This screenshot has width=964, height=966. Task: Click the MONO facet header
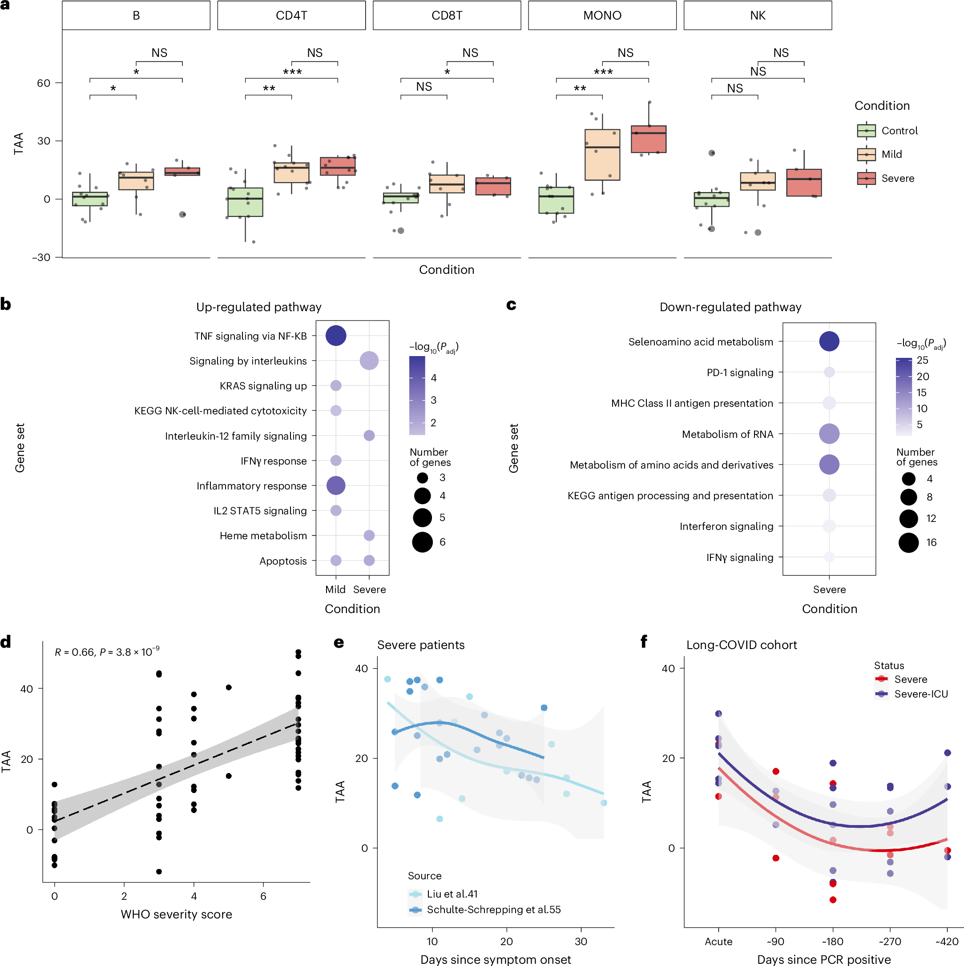point(602,16)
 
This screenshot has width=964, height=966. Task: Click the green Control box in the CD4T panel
point(245,202)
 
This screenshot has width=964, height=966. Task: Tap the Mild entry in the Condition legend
point(891,155)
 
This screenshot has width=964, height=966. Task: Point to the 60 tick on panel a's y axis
point(44,83)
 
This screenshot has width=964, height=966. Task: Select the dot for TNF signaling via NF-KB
point(336,336)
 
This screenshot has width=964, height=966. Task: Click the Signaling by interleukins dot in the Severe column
point(369,361)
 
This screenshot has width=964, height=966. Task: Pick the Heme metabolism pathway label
point(263,536)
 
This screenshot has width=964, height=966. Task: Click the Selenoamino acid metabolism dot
point(829,341)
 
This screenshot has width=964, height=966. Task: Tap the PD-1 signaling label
point(739,373)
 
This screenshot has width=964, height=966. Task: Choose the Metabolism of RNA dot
point(829,434)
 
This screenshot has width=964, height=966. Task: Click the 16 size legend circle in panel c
point(908,542)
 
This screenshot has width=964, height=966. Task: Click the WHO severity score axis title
point(176,914)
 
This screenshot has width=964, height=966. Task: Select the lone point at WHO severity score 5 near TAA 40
point(229,688)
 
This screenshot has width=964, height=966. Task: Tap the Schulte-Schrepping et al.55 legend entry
point(493,910)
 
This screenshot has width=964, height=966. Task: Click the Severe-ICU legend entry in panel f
point(920,694)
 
